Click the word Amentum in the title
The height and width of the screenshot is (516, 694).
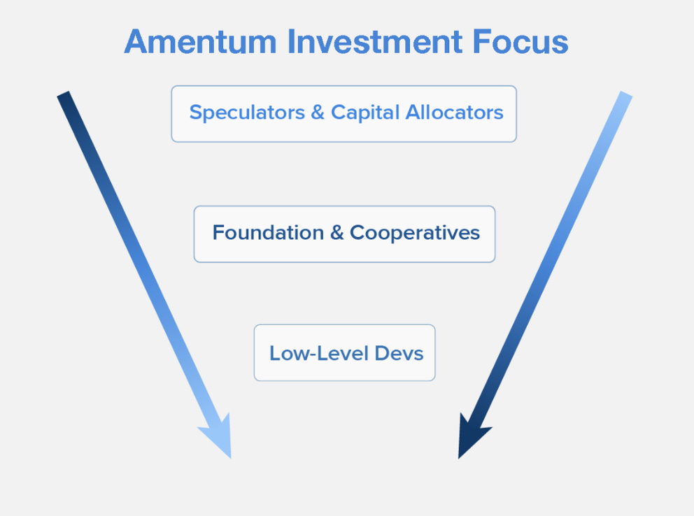[x=201, y=42]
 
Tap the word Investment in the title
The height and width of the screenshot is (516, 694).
[x=375, y=42]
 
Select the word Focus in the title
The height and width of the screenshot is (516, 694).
[x=520, y=42]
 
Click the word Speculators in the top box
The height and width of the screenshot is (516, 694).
[x=247, y=113]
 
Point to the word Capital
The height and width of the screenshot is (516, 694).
[x=365, y=113]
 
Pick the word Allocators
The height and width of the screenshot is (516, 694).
[x=455, y=113]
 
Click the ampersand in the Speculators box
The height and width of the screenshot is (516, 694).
[x=318, y=113]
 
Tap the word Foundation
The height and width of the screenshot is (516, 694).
[x=268, y=233]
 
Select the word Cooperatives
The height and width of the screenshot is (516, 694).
[x=415, y=233]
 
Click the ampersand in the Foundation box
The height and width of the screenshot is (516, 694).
[x=337, y=233]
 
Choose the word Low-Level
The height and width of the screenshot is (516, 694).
[x=319, y=353]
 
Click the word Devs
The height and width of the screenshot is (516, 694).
[x=399, y=353]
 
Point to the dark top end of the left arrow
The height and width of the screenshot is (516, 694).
[x=64, y=94]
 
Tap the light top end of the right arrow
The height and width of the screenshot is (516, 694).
[x=625, y=94]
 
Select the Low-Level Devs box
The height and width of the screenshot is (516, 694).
[x=344, y=353]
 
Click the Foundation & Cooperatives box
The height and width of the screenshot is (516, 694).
[x=344, y=234]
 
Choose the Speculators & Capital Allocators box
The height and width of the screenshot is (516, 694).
[x=344, y=114]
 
